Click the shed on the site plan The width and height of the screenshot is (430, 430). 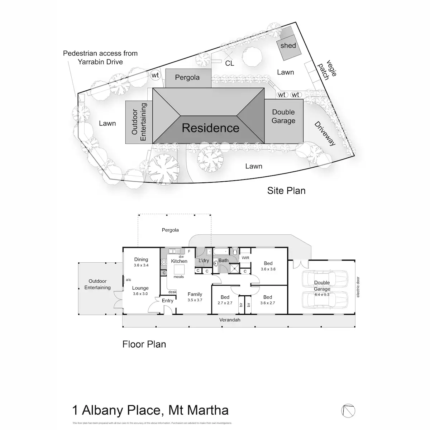tap(288, 46)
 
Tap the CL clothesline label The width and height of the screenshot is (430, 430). tap(230, 63)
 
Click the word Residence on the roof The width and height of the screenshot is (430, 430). tap(211, 128)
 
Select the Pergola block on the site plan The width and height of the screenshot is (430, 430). tap(187, 78)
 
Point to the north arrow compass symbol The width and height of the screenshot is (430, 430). tap(349, 410)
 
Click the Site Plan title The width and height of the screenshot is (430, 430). tap(286, 191)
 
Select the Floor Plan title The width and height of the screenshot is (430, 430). tap(144, 344)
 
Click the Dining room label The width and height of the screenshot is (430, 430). tap(141, 259)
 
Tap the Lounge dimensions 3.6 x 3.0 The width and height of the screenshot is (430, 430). tap(140, 294)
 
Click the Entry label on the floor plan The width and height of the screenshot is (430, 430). tap(167, 301)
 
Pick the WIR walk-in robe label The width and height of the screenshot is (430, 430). tap(245, 258)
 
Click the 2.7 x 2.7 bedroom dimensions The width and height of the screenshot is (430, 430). tap(225, 303)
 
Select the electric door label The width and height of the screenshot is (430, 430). tap(358, 287)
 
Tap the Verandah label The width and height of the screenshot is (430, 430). tap(230, 320)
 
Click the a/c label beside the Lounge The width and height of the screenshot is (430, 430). tap(128, 279)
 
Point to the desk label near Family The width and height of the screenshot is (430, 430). tap(172, 292)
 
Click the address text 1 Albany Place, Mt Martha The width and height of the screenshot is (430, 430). tap(150, 410)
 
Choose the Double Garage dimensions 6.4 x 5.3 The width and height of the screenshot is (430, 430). tap(322, 295)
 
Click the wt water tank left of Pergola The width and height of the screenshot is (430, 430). tap(155, 75)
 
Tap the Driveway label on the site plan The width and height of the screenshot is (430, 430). tap(325, 134)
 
